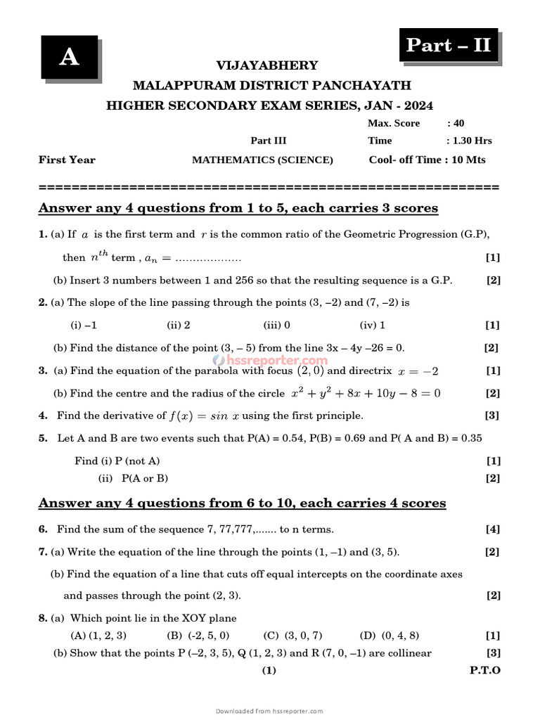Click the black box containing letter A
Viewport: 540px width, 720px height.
click(x=68, y=57)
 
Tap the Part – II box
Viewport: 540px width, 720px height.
click(x=449, y=46)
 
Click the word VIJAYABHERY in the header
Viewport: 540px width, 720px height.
click(x=266, y=65)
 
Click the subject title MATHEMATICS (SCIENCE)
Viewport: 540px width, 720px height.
click(x=262, y=160)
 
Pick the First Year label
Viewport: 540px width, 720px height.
click(x=67, y=160)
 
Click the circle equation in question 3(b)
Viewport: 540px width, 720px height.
click(x=366, y=393)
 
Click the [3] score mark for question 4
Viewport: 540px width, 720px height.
click(x=491, y=415)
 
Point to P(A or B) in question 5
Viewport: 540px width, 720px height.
click(x=144, y=478)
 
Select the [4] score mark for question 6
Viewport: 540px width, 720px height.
click(x=492, y=529)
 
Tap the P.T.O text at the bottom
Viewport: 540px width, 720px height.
click(x=485, y=670)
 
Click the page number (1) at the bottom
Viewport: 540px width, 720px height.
click(x=269, y=670)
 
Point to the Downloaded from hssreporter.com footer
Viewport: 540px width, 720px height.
click(x=269, y=711)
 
